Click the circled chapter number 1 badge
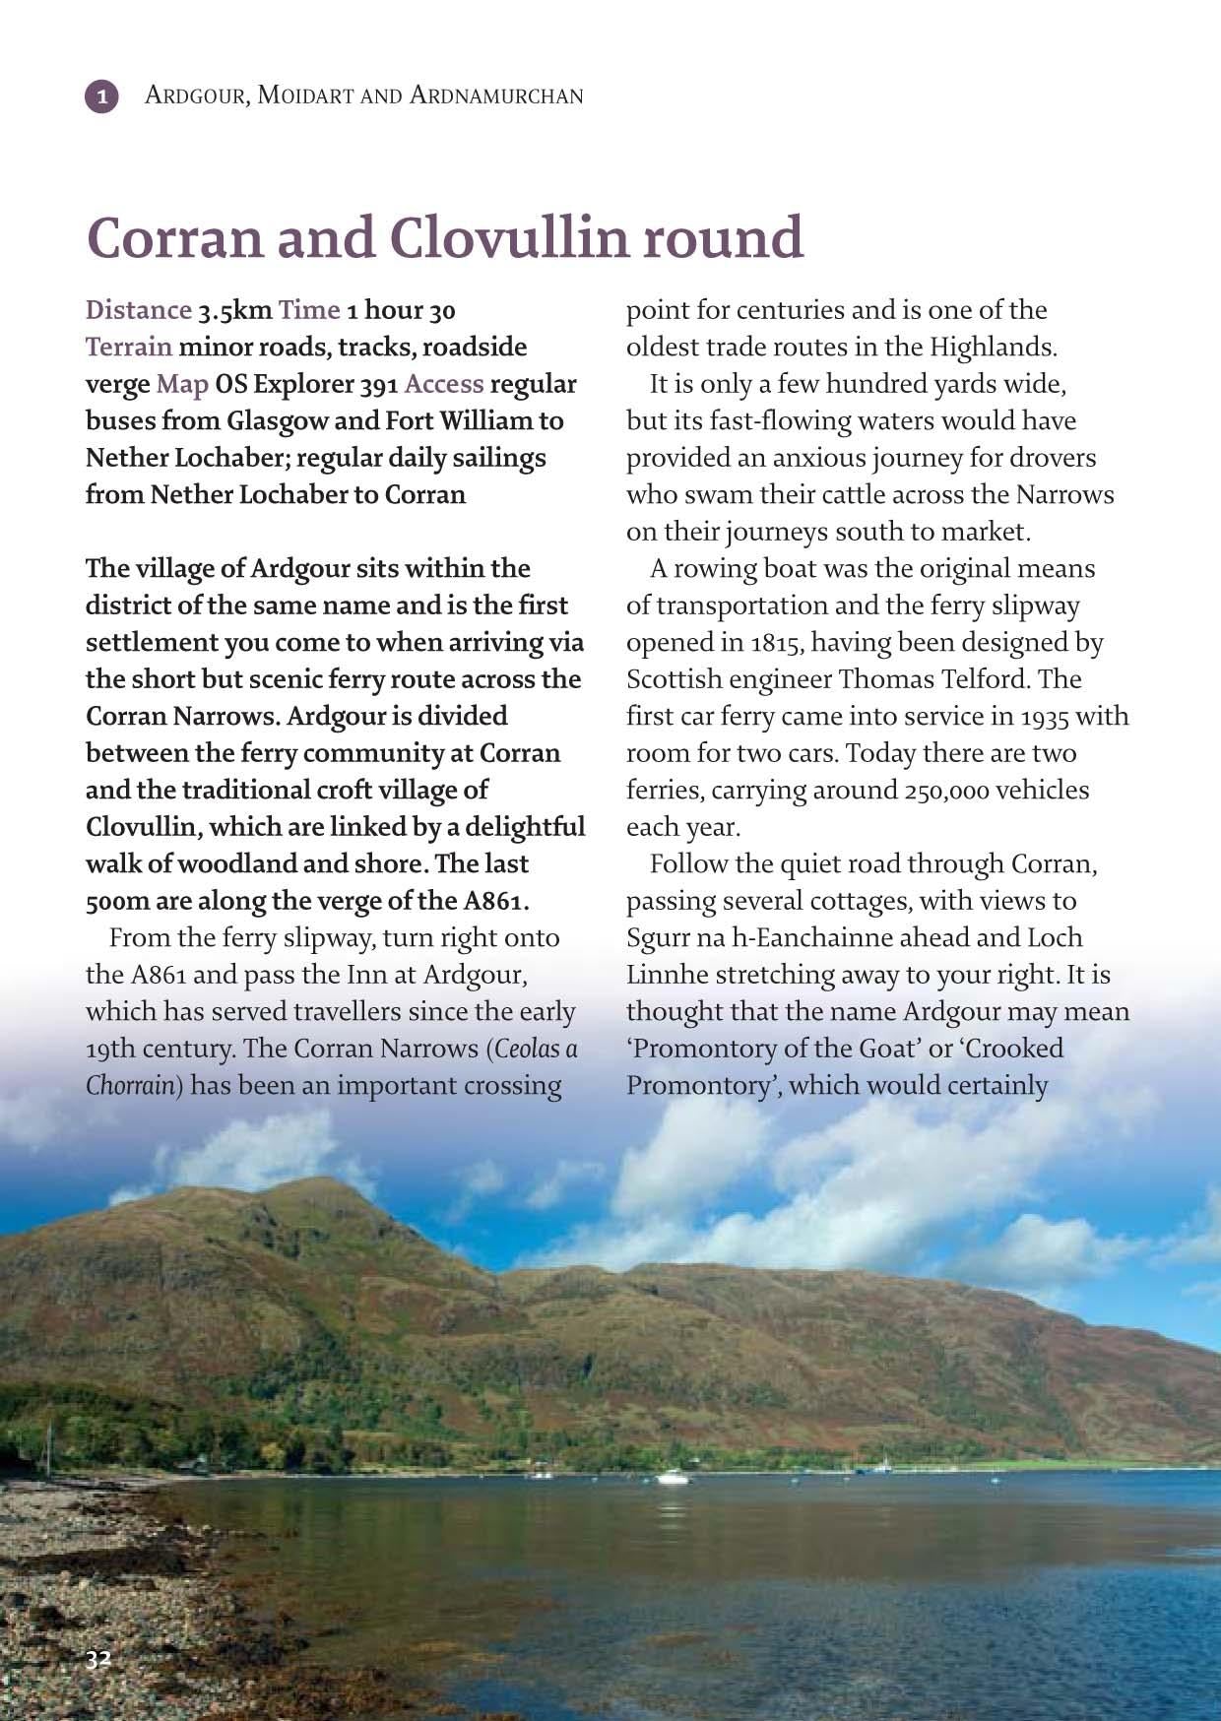point(102,96)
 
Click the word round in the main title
point(723,238)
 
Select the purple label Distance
point(138,310)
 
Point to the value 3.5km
point(234,311)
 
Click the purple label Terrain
point(128,347)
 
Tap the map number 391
point(377,385)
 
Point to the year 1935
point(1043,717)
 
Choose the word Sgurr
point(659,938)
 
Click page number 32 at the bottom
point(98,1658)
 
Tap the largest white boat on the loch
point(673,1476)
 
